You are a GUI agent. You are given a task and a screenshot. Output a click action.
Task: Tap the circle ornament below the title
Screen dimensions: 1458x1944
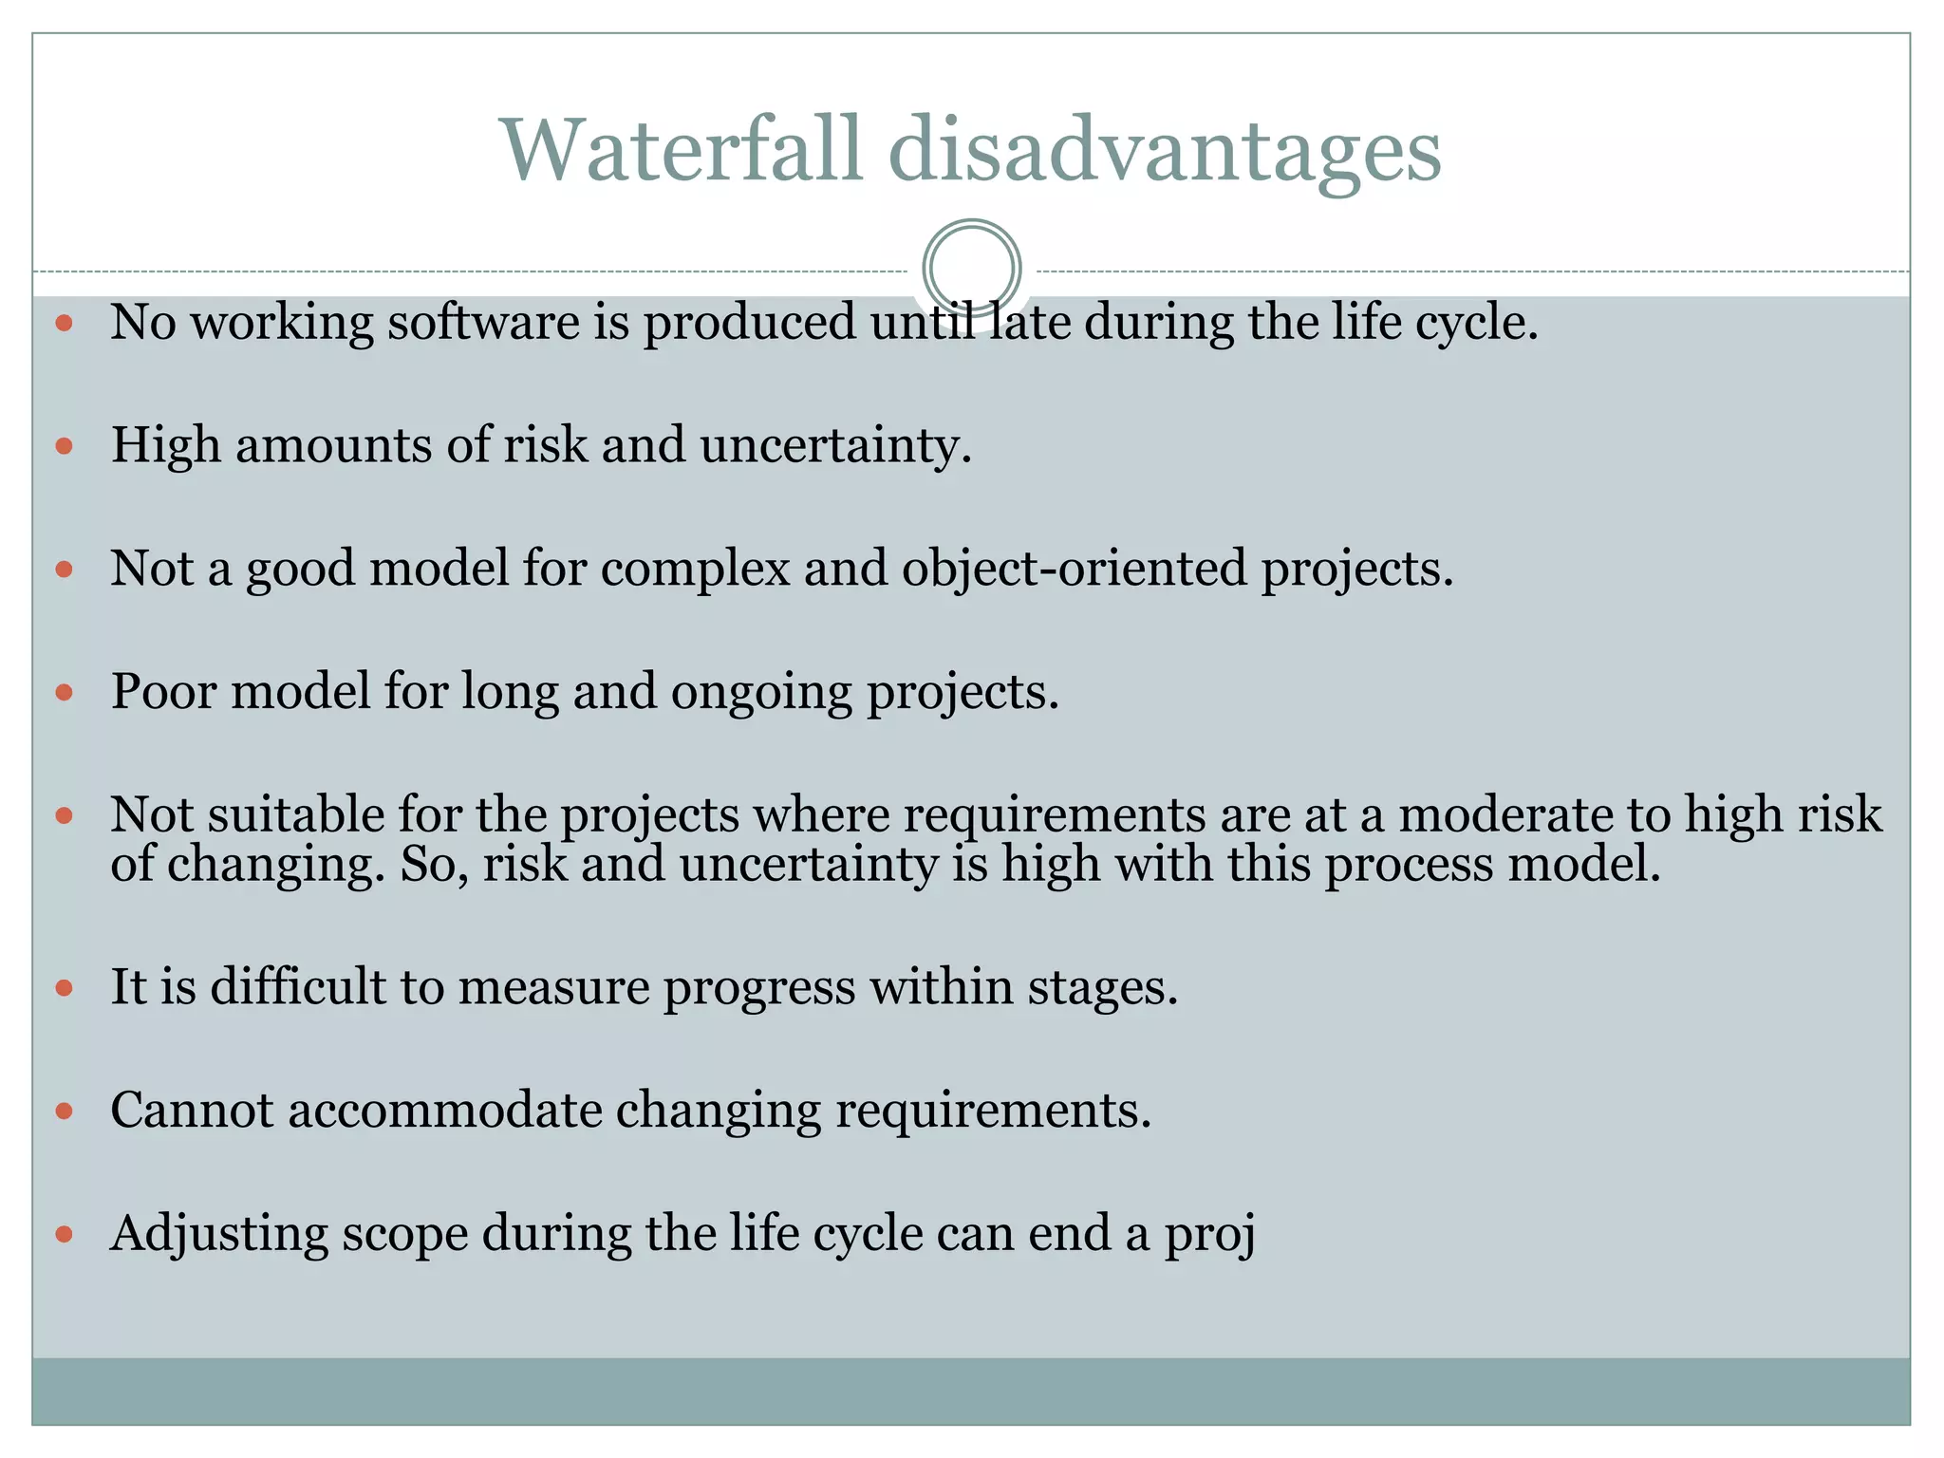tap(971, 268)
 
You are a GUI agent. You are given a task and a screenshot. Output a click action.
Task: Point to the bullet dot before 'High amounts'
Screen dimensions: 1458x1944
tap(65, 445)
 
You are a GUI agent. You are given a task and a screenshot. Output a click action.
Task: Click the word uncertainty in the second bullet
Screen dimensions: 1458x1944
tap(835, 445)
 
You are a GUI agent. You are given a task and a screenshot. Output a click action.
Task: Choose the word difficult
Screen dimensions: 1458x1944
tap(297, 986)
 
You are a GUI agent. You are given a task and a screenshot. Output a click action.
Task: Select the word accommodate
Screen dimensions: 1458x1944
tap(445, 1110)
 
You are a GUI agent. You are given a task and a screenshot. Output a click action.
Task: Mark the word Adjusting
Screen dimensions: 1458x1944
tap(219, 1234)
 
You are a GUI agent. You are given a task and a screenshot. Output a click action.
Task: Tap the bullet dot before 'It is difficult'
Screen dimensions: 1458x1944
tap(65, 988)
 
